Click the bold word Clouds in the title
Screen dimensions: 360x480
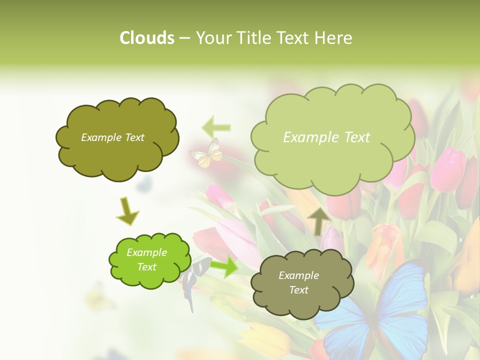click(x=146, y=38)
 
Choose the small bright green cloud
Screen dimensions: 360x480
click(x=149, y=260)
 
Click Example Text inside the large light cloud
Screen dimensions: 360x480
click(x=326, y=137)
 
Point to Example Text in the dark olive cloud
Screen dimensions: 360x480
click(x=112, y=137)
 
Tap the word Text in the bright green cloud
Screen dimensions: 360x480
click(x=146, y=267)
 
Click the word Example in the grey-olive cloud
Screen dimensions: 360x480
click(x=298, y=275)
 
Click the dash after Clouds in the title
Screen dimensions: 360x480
click(x=184, y=38)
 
